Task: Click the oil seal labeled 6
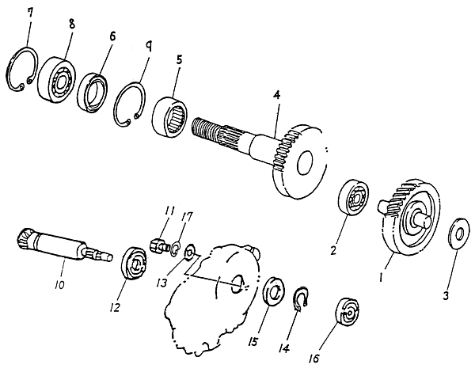click(93, 90)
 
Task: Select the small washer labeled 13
click(190, 253)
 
